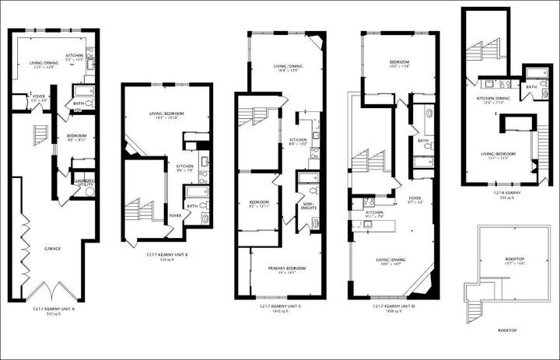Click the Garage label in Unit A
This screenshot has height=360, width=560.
point(52,249)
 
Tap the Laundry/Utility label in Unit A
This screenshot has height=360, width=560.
point(83,180)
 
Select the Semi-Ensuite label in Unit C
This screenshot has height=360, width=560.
point(308,203)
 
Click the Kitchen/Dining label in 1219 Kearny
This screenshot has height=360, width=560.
point(494,99)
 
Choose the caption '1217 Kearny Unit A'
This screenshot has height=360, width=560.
point(52,309)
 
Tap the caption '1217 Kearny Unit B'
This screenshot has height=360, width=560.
point(168,254)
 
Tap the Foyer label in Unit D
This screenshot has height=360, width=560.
point(415,198)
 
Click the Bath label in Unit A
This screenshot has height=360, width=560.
point(79,103)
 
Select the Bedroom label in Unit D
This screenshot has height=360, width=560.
point(400,62)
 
